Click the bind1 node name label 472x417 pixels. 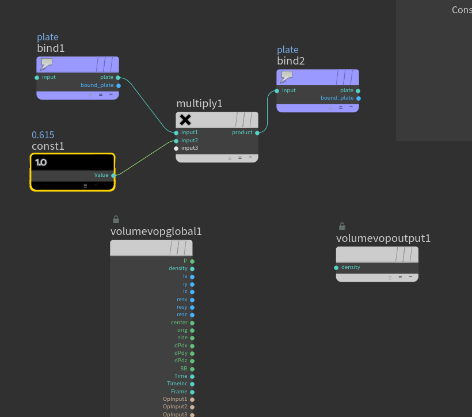coord(51,48)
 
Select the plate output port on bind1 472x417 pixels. coord(118,77)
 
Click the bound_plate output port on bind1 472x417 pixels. coord(118,85)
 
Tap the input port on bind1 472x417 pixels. coord(37,77)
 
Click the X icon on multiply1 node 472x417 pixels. coord(185,120)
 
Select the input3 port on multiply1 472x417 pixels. coord(176,148)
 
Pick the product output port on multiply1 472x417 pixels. coord(257,132)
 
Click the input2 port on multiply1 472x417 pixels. coord(176,141)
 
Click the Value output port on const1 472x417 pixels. coord(113,175)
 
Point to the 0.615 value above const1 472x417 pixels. coord(43,135)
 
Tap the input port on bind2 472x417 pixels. coord(277,90)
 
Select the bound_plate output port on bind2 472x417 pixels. coord(358,98)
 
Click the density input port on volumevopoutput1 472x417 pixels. coord(336,267)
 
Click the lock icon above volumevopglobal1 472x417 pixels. coord(116,219)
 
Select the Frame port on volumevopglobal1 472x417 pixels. coord(192,392)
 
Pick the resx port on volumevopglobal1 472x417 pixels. coord(192,300)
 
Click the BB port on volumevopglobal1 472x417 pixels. coord(192,369)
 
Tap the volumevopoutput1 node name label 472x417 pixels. coord(383,238)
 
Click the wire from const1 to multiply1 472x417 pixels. coord(144,158)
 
